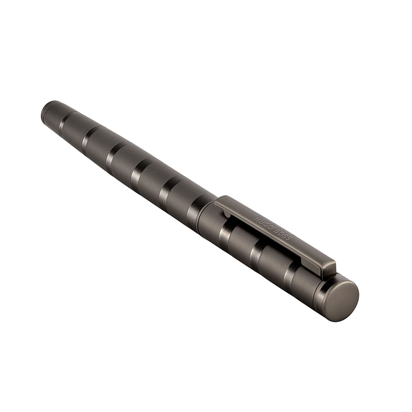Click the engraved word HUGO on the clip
(264, 222)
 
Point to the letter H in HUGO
(256, 218)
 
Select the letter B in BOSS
(277, 230)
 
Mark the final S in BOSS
(289, 237)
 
